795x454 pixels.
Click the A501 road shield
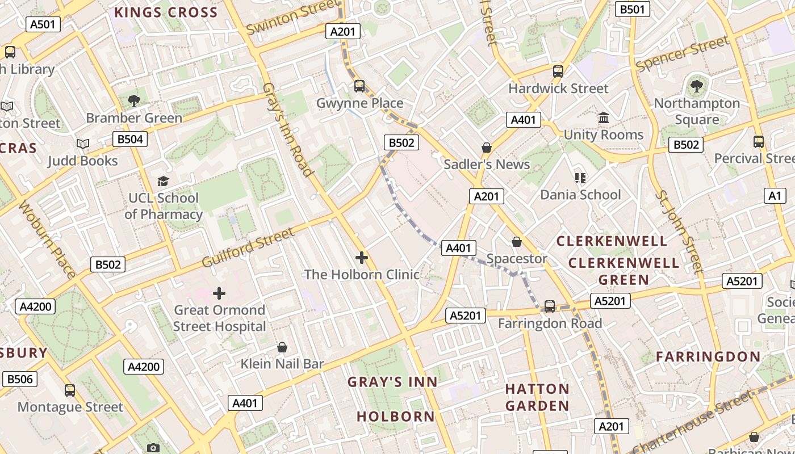pyautogui.click(x=43, y=24)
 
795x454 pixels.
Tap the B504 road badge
pyautogui.click(x=129, y=139)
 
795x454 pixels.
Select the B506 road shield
pyautogui.click(x=19, y=379)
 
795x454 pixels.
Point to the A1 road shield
pyautogui.click(x=775, y=196)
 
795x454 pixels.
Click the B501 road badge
pyautogui.click(x=633, y=9)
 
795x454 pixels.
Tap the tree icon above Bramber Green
pyautogui.click(x=134, y=101)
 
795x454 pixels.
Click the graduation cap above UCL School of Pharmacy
pyautogui.click(x=164, y=181)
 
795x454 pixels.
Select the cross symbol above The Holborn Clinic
pyautogui.click(x=361, y=258)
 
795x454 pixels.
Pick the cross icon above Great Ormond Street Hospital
pyautogui.click(x=219, y=293)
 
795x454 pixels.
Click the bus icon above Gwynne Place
pyautogui.click(x=359, y=86)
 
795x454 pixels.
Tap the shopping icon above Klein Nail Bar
pyautogui.click(x=282, y=347)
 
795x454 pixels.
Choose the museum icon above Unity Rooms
pyautogui.click(x=604, y=118)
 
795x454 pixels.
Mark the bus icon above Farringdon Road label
pyautogui.click(x=549, y=306)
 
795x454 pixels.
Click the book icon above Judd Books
pyautogui.click(x=83, y=144)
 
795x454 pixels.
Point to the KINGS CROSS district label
pyautogui.click(x=166, y=12)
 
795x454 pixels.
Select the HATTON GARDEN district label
pyautogui.click(x=537, y=397)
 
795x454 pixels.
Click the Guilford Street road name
pyautogui.click(x=249, y=248)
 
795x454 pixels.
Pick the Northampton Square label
pyautogui.click(x=697, y=111)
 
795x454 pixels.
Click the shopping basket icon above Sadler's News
pyautogui.click(x=487, y=148)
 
